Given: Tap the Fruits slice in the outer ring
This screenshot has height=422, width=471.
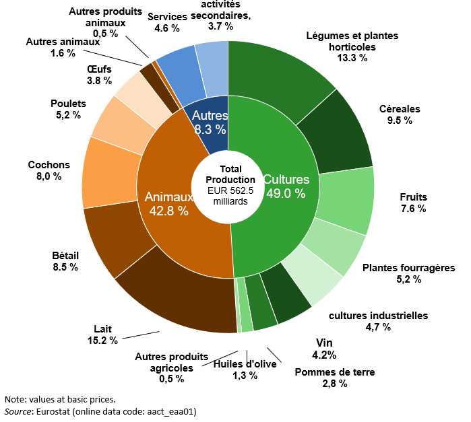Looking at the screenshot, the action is (x=346, y=200).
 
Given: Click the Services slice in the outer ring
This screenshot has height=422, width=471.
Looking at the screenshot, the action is (x=180, y=75).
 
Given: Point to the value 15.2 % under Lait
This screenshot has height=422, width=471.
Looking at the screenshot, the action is (x=102, y=341).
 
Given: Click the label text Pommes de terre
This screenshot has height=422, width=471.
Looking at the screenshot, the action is (x=335, y=372).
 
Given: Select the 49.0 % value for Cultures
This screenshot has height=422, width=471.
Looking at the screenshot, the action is (x=286, y=193).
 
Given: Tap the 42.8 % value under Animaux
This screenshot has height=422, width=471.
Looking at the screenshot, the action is (x=169, y=211).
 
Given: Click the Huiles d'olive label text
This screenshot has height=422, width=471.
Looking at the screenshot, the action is (x=245, y=364).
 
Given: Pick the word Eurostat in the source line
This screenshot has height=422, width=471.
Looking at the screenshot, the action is (x=53, y=411).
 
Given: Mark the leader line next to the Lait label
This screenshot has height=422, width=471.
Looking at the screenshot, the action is (x=141, y=335).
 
